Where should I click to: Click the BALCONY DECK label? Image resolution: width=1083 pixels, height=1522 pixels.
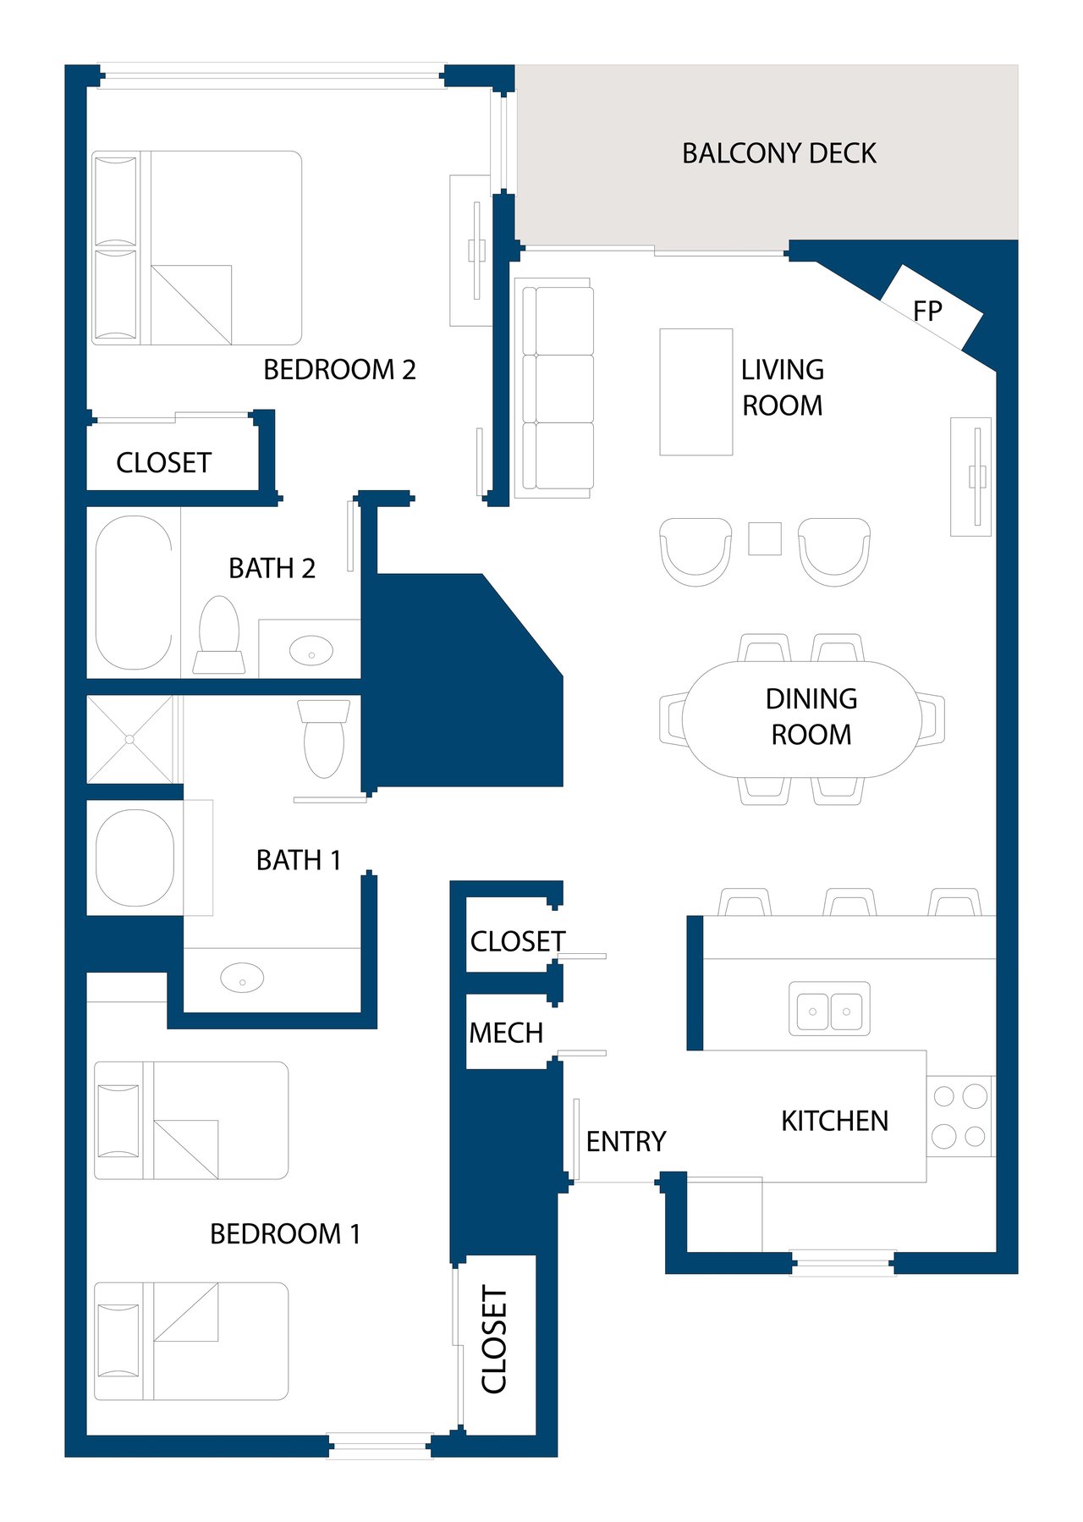pyautogui.click(x=779, y=153)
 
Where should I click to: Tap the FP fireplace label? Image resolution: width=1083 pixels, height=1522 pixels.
pyautogui.click(x=927, y=312)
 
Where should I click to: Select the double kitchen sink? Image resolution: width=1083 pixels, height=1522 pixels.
pyautogui.click(x=829, y=1008)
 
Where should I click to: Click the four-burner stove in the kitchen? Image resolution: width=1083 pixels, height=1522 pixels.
pyautogui.click(x=959, y=1117)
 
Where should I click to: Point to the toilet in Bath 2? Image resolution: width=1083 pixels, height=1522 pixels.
pyautogui.click(x=219, y=635)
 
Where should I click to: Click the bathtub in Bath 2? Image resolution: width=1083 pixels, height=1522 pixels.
pyautogui.click(x=134, y=593)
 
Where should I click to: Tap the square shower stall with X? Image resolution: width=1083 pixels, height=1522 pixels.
pyautogui.click(x=130, y=739)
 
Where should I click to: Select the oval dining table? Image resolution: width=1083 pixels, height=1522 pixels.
pyautogui.click(x=802, y=719)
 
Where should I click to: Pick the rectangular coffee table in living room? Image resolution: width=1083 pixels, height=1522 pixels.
pyautogui.click(x=696, y=392)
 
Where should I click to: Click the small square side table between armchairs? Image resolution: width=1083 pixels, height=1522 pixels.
pyautogui.click(x=765, y=538)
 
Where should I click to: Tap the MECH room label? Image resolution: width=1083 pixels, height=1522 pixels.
pyautogui.click(x=506, y=1033)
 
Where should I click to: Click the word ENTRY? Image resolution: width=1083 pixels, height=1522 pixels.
pyautogui.click(x=626, y=1141)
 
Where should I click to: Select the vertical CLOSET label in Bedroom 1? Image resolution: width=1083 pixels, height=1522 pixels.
pyautogui.click(x=494, y=1339)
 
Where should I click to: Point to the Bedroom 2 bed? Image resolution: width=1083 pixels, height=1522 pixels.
pyautogui.click(x=196, y=248)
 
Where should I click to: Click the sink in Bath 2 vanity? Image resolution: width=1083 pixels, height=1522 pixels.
pyautogui.click(x=311, y=651)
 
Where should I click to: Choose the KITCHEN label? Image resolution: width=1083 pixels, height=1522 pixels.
pyautogui.click(x=834, y=1121)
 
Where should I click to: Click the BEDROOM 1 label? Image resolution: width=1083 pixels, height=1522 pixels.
pyautogui.click(x=285, y=1233)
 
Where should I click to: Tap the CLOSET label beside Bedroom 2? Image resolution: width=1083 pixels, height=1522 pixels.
pyautogui.click(x=163, y=462)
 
